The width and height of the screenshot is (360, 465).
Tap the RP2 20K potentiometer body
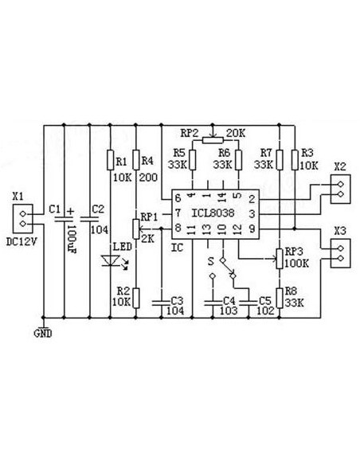[x=213, y=139]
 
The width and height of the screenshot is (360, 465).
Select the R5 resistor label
[x=179, y=152]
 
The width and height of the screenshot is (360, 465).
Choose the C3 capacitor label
[x=177, y=301]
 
